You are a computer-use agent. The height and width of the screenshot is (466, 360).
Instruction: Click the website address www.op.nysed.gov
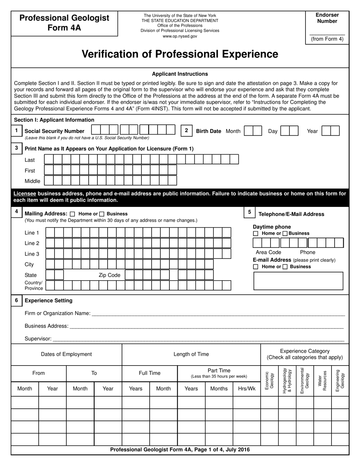tap(180, 36)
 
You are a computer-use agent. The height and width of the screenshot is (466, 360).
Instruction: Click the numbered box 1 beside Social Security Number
tap(16, 131)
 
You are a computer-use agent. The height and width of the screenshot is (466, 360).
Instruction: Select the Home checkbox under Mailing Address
tap(73, 214)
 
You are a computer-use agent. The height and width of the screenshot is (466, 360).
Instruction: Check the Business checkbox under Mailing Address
tap(102, 214)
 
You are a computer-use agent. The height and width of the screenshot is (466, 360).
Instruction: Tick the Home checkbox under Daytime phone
tap(256, 233)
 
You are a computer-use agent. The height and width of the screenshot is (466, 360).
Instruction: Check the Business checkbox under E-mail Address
tap(285, 267)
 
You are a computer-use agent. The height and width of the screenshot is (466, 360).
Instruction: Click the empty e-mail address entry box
tap(298, 281)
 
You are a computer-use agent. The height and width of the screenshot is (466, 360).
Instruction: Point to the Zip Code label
tap(109, 275)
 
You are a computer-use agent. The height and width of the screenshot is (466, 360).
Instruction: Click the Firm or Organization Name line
tap(218, 313)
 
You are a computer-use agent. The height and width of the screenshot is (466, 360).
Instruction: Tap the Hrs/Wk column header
tap(247, 388)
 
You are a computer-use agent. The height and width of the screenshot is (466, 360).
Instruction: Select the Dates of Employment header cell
tap(66, 354)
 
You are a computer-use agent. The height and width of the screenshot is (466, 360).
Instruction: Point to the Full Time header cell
tap(150, 373)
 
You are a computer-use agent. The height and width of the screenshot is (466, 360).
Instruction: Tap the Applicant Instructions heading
tap(180, 74)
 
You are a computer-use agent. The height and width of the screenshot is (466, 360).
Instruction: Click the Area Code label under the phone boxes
tap(268, 252)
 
